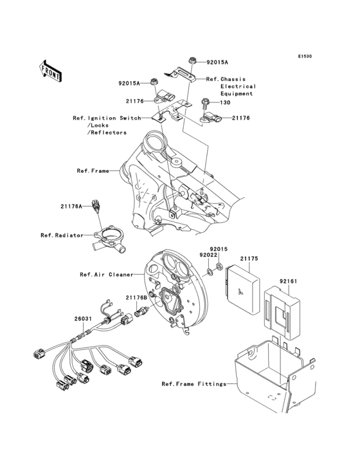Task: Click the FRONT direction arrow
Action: [x=51, y=70]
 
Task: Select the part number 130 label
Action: [x=225, y=102]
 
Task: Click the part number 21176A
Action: [x=72, y=207]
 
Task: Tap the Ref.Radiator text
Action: [x=62, y=235]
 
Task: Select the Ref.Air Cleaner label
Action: [x=106, y=275]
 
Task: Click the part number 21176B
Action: [x=136, y=297]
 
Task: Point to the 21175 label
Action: [x=249, y=258]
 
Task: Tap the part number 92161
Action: [x=289, y=281]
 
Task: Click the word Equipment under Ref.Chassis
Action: [x=237, y=94]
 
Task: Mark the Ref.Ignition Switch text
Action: [x=107, y=118]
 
